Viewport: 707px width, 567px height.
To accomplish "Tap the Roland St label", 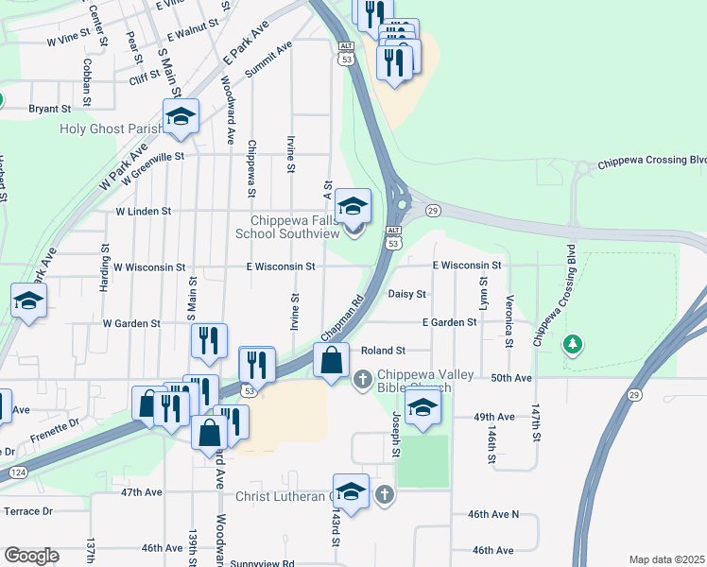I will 383,351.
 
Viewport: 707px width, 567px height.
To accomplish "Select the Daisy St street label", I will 407,294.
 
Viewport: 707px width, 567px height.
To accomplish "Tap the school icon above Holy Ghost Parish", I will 181,117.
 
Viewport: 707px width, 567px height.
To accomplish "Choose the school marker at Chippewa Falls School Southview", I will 353,207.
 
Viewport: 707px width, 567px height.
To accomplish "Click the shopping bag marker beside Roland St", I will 331,360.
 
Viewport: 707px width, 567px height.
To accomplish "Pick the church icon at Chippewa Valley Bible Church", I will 361,380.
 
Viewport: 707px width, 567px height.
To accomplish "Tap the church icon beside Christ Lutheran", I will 384,494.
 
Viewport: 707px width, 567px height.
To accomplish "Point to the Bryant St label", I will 50,110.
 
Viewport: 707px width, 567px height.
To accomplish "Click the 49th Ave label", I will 493,417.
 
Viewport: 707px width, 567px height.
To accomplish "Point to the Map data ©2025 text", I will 666,559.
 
